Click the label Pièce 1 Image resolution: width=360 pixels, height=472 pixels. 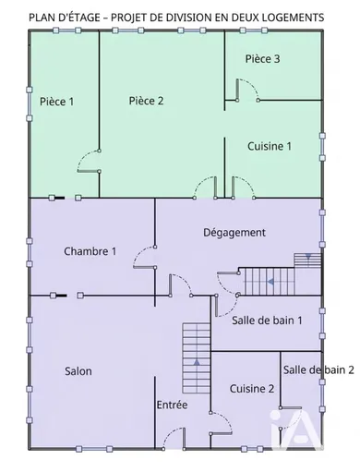pos(57,101)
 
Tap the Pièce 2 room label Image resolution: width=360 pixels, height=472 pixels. pos(147,101)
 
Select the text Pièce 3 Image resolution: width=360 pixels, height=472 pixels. pos(262,59)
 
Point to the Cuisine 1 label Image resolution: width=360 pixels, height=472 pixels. pos(270,146)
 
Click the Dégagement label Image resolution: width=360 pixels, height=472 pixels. pos(234,232)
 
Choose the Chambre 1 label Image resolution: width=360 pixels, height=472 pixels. pos(90,251)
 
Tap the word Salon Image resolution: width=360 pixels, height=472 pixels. pos(78,371)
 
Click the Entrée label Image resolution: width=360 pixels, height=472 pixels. pos(172,405)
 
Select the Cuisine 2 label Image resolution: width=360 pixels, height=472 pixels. pos(252,389)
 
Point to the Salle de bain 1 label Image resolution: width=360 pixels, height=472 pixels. pos(268,320)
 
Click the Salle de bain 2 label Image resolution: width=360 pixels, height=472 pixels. pos(318,369)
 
